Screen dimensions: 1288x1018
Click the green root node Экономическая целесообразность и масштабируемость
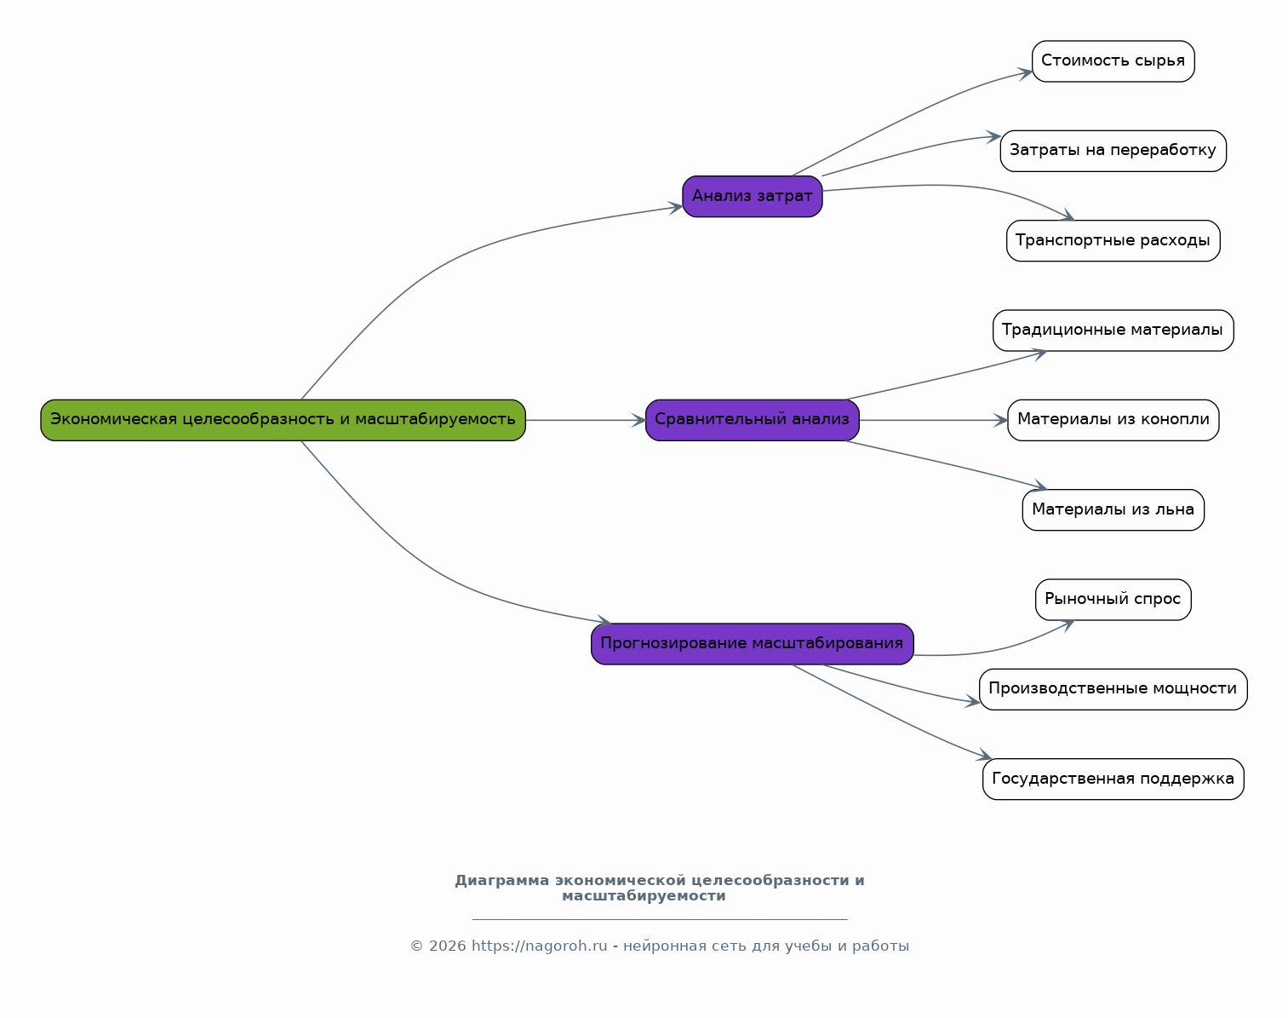coord(283,420)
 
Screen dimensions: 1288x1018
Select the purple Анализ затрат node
coord(753,197)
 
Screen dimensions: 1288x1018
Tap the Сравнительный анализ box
coord(753,420)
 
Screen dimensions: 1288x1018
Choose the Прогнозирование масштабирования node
coord(753,644)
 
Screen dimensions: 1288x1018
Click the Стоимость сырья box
coord(1113,61)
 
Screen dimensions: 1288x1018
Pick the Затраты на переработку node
coord(1113,151)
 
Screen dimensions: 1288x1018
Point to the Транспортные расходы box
coord(1113,241)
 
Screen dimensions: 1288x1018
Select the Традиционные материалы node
coord(1113,331)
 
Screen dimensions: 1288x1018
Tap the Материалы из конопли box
coord(1113,420)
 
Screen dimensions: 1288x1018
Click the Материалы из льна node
coord(1113,510)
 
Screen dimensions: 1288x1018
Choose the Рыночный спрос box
coord(1113,599)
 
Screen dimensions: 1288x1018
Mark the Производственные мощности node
coord(1113,689)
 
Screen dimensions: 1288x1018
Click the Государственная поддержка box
coord(1113,779)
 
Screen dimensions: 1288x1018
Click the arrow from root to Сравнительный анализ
coord(586,420)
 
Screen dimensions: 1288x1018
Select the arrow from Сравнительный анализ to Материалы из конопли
coord(934,420)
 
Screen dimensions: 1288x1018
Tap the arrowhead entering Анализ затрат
coord(676,207)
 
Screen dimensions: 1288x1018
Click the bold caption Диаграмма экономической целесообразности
coord(659,888)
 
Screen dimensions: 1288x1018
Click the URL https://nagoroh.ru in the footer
coord(539,946)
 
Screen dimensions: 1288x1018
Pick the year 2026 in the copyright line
coord(447,946)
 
